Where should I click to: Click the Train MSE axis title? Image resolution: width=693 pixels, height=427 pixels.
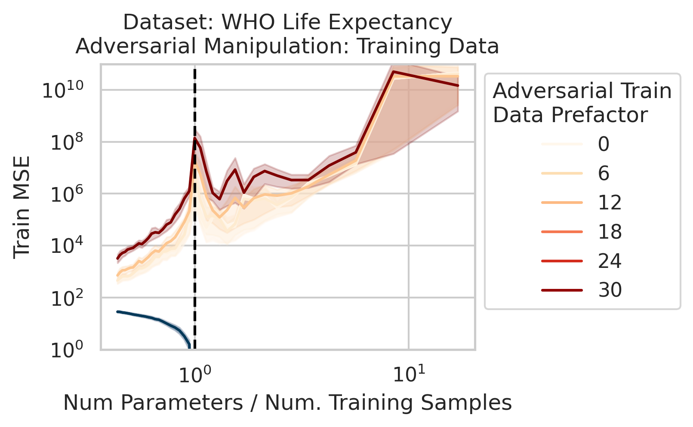pos(22,207)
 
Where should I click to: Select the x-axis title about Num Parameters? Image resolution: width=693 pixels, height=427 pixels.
pos(287,403)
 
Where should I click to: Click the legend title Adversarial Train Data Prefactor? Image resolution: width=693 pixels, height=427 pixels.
pos(582,103)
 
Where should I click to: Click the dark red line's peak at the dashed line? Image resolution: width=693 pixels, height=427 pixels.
pos(195,138)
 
